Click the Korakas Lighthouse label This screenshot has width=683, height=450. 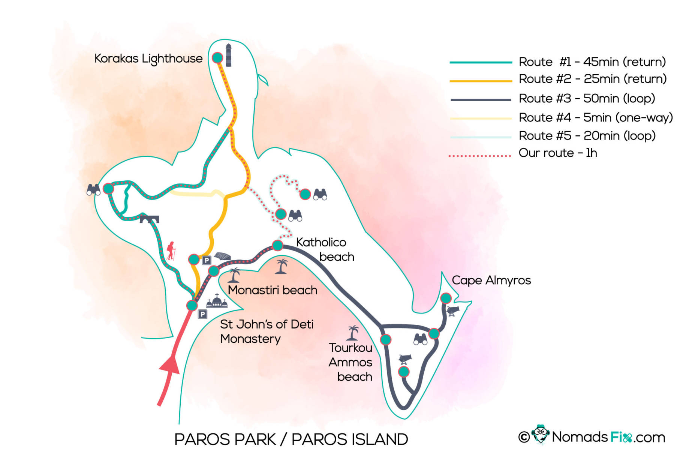pos(148,59)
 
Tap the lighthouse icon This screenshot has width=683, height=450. pos(228,55)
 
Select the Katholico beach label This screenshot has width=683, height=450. pos(325,249)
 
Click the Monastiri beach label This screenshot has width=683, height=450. pos(273,290)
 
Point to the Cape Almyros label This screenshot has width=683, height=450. pos(491,280)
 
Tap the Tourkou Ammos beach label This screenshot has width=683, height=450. pos(350,362)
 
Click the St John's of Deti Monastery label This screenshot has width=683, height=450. pos(267,331)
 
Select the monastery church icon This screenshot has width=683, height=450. pos(217,301)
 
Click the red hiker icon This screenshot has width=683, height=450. pos(171,250)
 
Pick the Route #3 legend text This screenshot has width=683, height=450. pos(587,99)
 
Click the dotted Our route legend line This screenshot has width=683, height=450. pos(480,155)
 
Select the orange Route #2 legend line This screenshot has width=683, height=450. pos(481,81)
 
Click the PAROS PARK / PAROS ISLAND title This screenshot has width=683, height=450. pos(291,439)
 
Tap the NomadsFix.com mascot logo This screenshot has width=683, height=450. pos(540,435)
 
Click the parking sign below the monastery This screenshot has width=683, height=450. pos(202,314)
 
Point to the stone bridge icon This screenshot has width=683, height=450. pos(149,218)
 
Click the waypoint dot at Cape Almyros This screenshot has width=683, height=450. pos(446,298)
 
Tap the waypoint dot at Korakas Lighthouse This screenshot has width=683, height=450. pos(217,58)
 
